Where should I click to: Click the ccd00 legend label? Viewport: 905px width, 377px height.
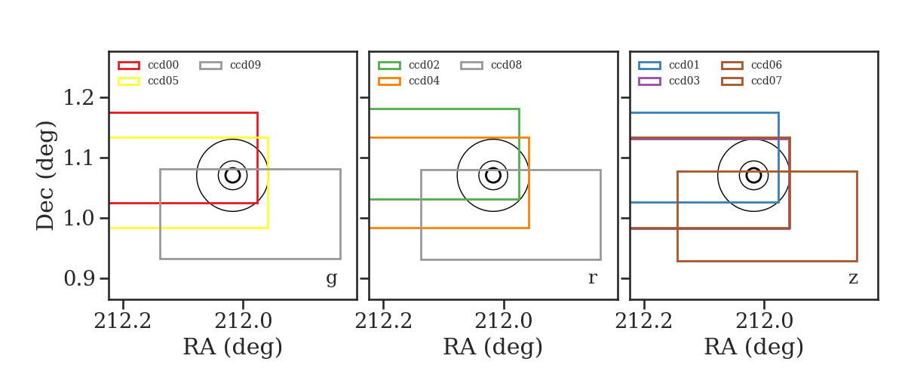[163, 65]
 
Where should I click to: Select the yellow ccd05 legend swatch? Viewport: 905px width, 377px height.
[129, 81]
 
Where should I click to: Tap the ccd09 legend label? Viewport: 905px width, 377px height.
[245, 65]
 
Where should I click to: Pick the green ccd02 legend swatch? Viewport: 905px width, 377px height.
[389, 66]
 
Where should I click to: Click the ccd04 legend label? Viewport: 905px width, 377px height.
[424, 81]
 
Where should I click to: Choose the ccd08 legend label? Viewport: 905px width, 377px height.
[506, 65]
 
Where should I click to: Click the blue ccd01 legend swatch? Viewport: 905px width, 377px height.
[649, 66]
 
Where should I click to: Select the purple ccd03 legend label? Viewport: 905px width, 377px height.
[684, 81]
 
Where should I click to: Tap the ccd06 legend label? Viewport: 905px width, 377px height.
[766, 65]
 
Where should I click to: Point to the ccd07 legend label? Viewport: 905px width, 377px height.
[766, 81]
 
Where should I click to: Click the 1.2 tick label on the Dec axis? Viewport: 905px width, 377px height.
[78, 98]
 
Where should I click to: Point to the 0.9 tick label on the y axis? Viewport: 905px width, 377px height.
[78, 278]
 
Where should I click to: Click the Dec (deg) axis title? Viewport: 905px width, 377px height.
[44, 176]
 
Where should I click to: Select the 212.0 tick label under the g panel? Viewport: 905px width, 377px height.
[243, 322]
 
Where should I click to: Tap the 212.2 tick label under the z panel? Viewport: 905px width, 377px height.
[643, 322]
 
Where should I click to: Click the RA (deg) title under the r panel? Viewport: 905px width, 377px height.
[493, 347]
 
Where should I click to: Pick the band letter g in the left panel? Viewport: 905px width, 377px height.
[331, 279]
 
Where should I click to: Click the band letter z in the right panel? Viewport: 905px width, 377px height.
[853, 278]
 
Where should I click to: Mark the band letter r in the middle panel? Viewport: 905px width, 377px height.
[592, 278]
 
